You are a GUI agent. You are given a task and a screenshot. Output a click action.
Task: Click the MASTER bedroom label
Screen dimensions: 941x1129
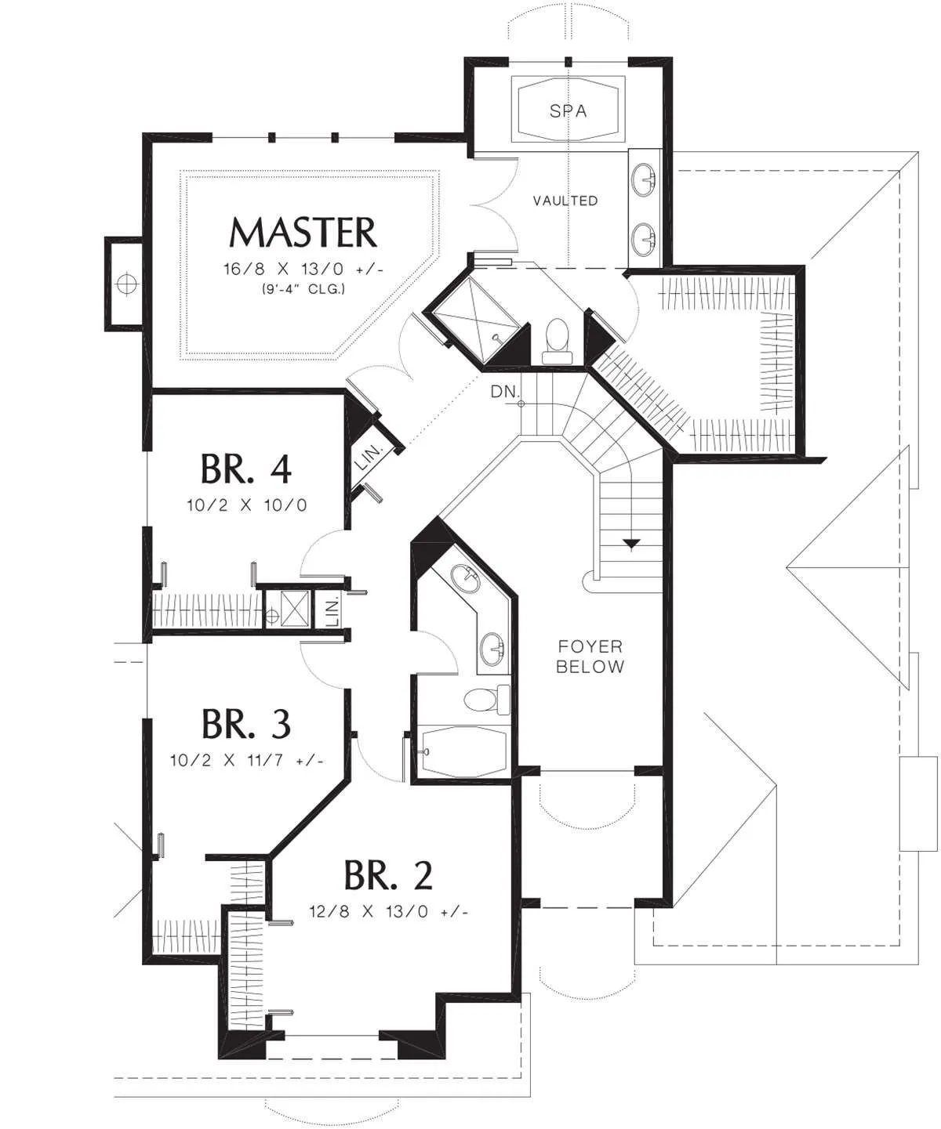(x=303, y=233)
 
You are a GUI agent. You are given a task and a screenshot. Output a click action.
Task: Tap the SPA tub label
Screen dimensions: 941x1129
(x=569, y=110)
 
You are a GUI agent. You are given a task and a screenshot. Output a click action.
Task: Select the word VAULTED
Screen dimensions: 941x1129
(x=565, y=201)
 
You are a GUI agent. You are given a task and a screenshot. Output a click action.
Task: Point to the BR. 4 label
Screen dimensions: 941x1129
(x=246, y=469)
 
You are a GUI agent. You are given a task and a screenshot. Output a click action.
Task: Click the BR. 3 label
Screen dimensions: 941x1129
(x=246, y=724)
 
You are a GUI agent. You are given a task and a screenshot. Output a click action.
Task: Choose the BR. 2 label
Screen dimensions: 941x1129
(x=388, y=875)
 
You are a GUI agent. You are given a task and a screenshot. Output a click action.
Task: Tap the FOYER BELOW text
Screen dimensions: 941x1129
(x=590, y=657)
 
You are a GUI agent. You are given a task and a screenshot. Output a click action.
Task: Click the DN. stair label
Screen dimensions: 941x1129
(x=506, y=392)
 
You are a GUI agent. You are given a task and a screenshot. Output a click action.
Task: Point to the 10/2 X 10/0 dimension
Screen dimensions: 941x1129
(x=247, y=505)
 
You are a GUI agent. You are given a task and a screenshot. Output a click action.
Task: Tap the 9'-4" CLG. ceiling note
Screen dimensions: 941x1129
(x=303, y=289)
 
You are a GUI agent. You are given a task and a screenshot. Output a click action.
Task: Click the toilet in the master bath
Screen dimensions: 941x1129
(x=558, y=341)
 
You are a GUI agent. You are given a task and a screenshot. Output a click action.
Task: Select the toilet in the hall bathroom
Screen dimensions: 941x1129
(x=487, y=700)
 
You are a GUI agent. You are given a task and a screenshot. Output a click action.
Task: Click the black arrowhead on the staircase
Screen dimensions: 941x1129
(x=631, y=544)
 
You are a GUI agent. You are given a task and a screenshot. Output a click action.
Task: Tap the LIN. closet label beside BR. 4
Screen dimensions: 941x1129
(x=369, y=457)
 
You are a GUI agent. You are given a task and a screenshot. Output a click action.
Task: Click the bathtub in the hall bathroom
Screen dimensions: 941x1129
(x=464, y=751)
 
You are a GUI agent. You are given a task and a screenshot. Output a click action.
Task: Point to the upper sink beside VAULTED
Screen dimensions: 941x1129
(x=643, y=177)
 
